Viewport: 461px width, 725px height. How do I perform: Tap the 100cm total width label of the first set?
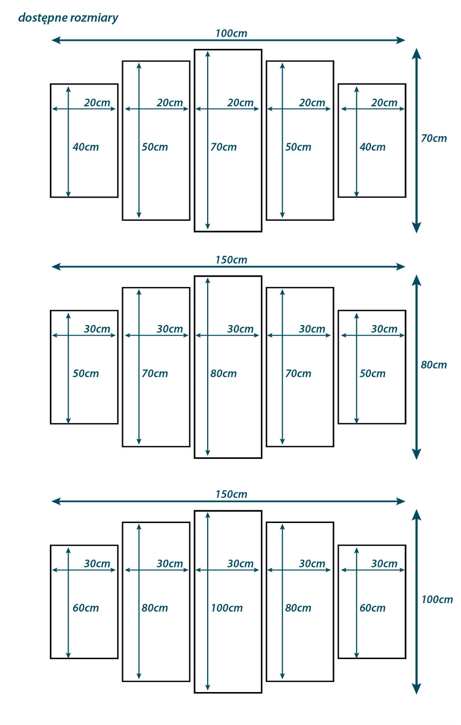[231, 33]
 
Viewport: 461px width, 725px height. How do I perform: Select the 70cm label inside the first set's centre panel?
[223, 147]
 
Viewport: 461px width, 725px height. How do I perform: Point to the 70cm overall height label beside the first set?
[433, 138]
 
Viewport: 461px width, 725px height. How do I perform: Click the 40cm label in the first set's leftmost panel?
[86, 147]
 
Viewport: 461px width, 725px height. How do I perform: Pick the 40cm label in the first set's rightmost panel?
[372, 147]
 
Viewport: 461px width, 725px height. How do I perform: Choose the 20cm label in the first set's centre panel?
[240, 103]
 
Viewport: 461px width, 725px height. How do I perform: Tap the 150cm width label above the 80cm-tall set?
[231, 260]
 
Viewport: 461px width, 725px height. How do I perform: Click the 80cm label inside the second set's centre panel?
[223, 373]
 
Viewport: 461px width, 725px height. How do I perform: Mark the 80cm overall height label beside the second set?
[433, 365]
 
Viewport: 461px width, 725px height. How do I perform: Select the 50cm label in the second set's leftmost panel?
[86, 373]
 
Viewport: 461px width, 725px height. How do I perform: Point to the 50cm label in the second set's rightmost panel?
[372, 373]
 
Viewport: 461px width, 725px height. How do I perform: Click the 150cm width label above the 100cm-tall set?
[231, 494]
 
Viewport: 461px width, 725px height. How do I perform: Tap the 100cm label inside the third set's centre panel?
[227, 608]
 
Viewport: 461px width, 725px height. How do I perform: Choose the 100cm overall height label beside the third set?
[437, 599]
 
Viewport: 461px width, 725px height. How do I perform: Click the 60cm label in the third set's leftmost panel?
[86, 608]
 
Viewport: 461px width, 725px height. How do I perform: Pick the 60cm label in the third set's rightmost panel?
[372, 608]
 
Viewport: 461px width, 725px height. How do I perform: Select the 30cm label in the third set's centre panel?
[240, 563]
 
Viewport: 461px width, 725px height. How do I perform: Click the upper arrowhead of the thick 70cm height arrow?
[416, 54]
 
